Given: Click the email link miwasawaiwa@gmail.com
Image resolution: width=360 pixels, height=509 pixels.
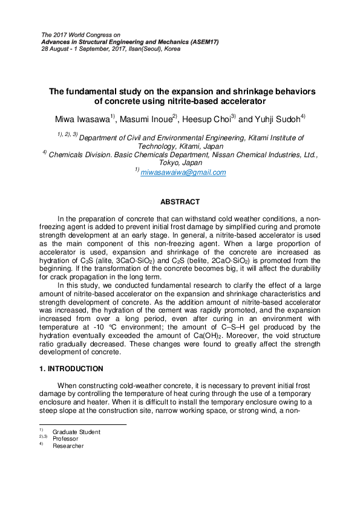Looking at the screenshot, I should (183, 172).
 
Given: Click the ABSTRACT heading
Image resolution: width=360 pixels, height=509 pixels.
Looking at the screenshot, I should (180, 201).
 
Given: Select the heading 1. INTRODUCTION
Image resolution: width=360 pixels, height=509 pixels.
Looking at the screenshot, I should (71, 368).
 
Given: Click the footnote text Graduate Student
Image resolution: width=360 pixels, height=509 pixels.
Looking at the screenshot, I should (76, 432).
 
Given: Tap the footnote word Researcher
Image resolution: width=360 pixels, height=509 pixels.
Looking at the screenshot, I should (68, 446).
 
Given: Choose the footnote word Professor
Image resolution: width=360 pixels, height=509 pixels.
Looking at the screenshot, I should (65, 439).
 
